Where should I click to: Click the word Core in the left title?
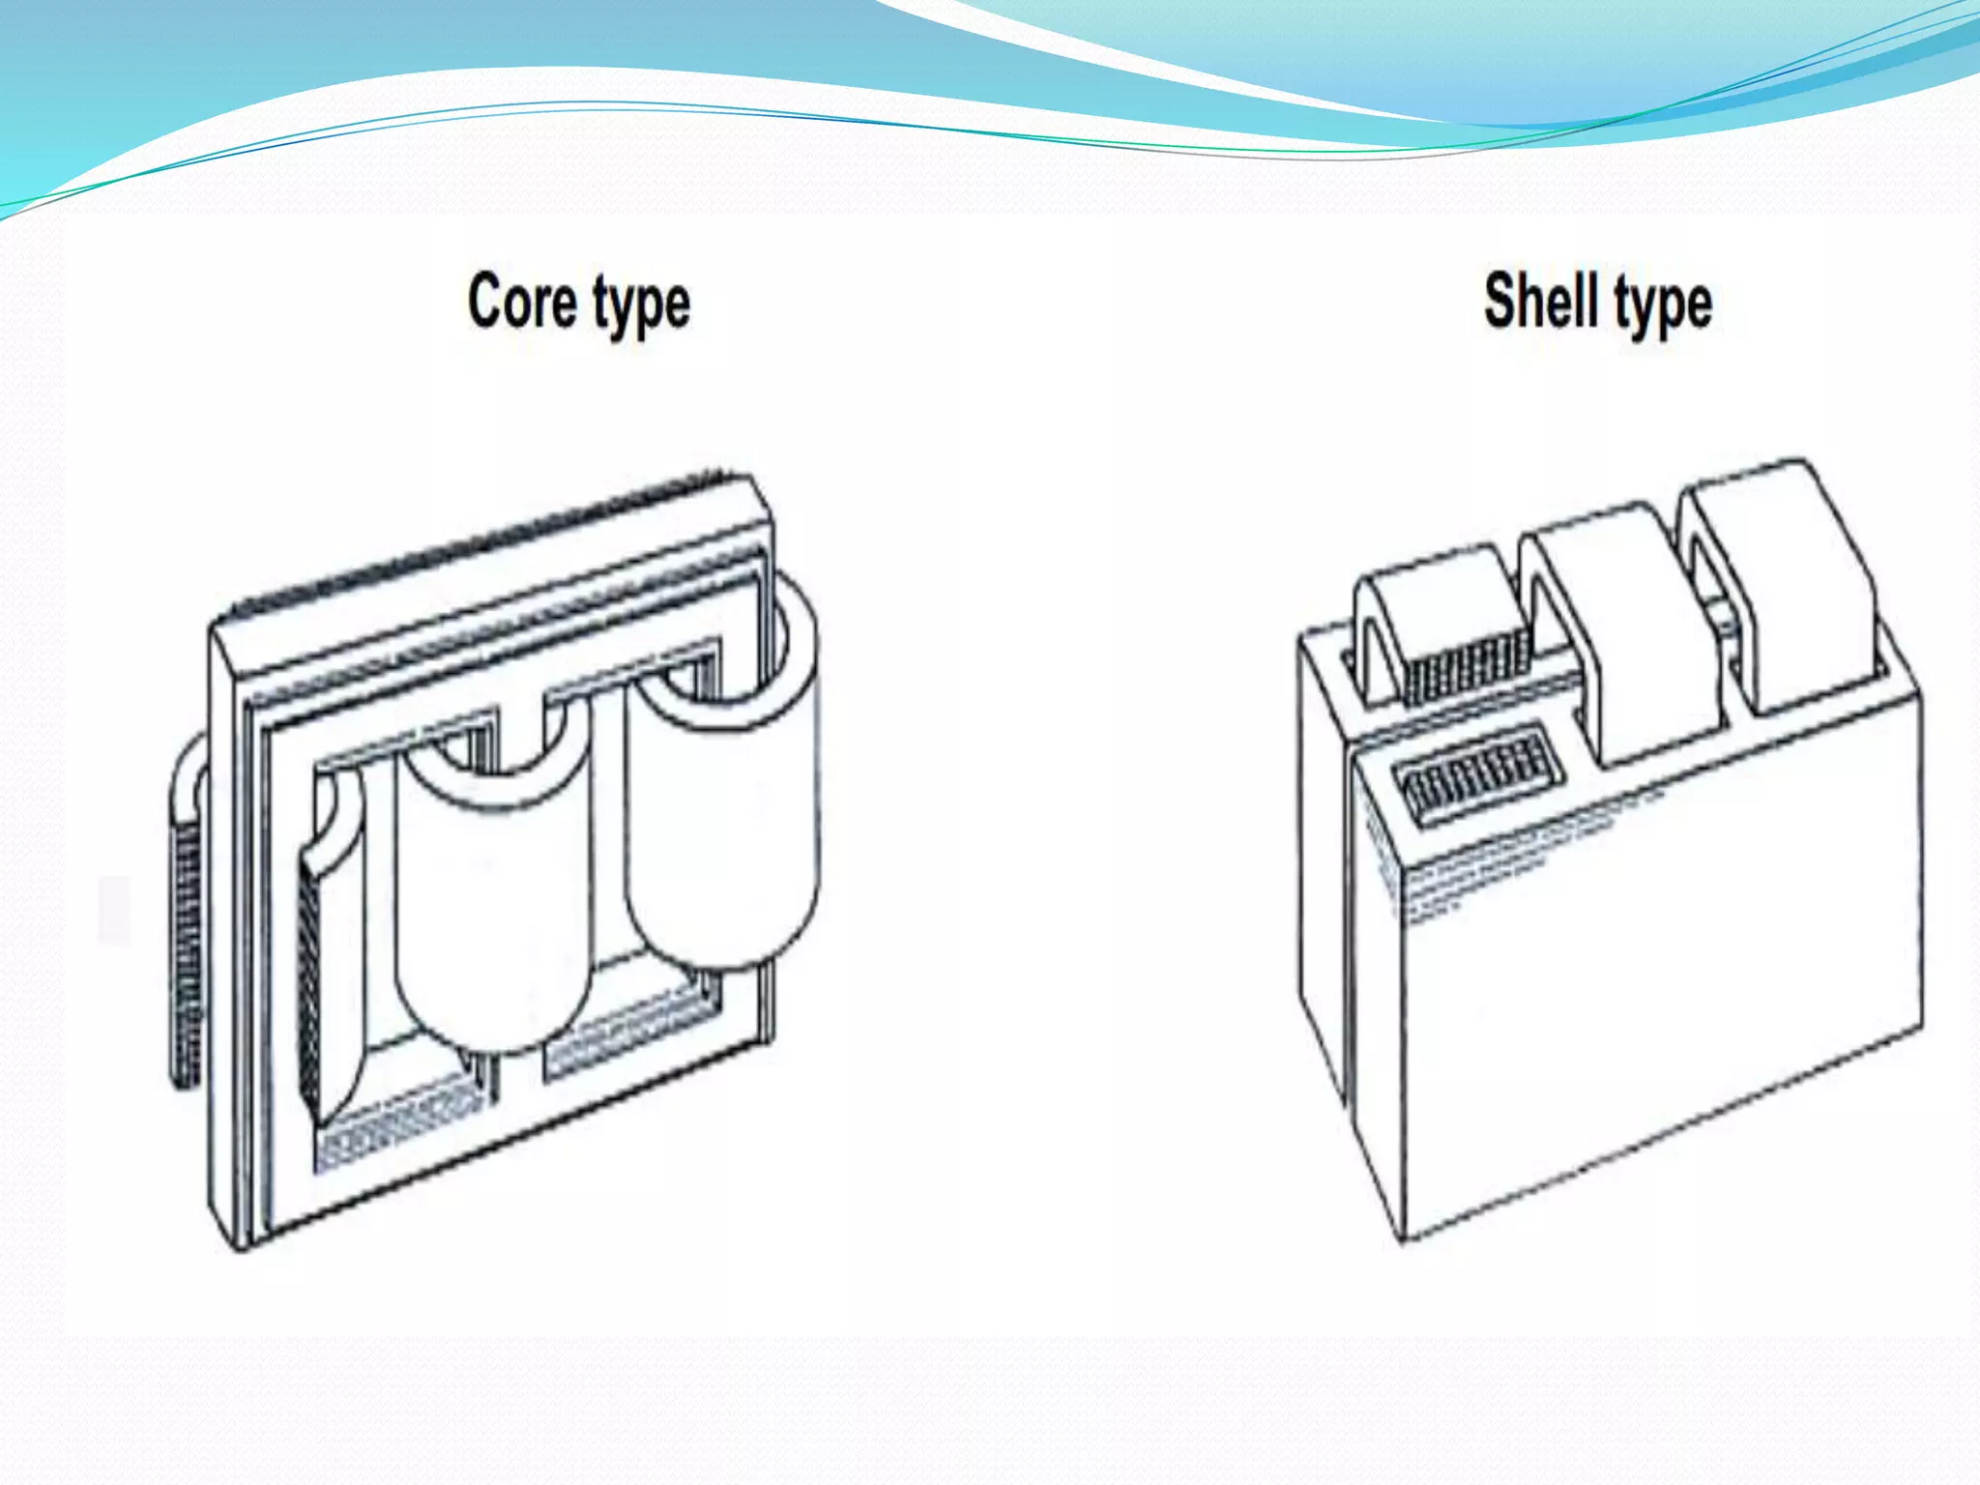522,302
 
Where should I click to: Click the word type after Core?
641,306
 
